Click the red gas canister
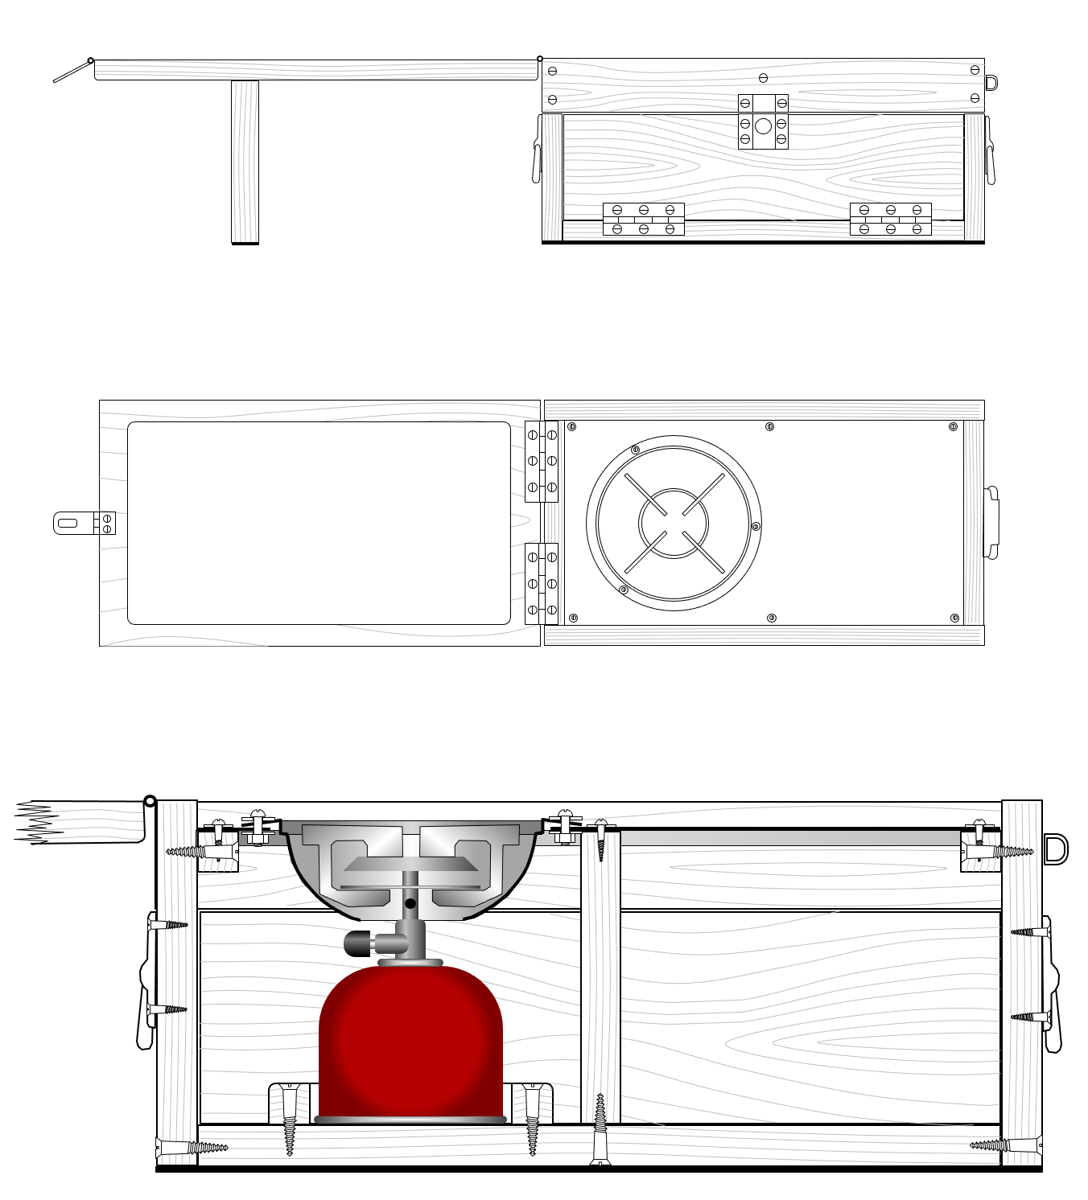pos(410,1042)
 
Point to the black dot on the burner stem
pos(410,903)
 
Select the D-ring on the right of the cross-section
pos(1055,849)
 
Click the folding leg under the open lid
pos(245,161)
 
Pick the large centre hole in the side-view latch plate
pos(763,126)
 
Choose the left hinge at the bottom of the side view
pos(643,220)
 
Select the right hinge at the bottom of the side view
pos(890,220)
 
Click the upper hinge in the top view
pos(542,461)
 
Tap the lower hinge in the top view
pos(542,583)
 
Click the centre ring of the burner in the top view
pos(674,523)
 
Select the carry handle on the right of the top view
pos(992,522)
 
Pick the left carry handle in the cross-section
pos(146,981)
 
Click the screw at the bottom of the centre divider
pos(600,1130)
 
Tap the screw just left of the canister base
pos(290,1118)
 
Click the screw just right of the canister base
pos(532,1118)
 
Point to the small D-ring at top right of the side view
pos(991,83)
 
